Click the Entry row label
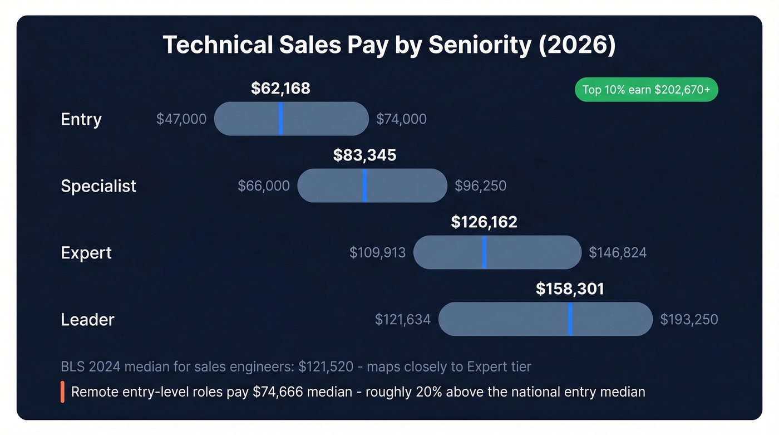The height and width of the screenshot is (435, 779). (x=81, y=119)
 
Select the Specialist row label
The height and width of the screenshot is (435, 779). (x=98, y=185)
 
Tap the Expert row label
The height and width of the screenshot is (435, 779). (x=86, y=252)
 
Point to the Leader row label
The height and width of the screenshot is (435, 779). (x=87, y=319)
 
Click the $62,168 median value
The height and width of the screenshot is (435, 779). (x=280, y=89)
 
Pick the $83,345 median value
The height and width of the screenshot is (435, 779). (x=364, y=155)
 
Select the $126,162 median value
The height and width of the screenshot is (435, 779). (x=484, y=222)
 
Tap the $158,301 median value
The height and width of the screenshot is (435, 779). (x=570, y=289)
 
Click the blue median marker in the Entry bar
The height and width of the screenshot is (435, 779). (x=280, y=119)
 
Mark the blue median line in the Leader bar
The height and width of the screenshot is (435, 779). (x=570, y=319)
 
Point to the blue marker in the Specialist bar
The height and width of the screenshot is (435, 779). (x=364, y=185)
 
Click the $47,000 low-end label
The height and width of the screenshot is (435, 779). (x=181, y=119)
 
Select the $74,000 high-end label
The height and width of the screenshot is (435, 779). (x=401, y=119)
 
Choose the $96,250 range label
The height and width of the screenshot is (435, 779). (x=480, y=185)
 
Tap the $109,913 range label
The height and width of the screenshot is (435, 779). (x=377, y=253)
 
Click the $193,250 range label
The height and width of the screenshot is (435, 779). (x=689, y=320)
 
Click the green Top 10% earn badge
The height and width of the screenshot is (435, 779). (x=646, y=90)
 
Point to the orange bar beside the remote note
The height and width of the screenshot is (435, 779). (x=63, y=392)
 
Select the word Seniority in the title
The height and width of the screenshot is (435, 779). (x=480, y=45)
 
